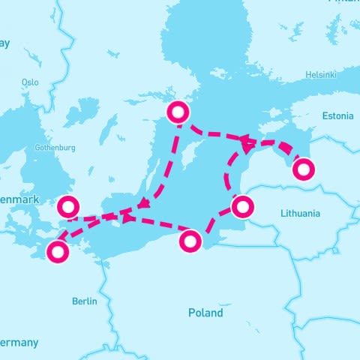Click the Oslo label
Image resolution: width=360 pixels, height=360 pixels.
click(x=30, y=82)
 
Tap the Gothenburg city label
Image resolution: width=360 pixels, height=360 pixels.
click(x=55, y=148)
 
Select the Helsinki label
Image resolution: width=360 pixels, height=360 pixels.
click(x=322, y=74)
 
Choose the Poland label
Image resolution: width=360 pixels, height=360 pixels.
click(x=205, y=313)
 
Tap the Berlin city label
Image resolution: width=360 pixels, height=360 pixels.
click(x=84, y=301)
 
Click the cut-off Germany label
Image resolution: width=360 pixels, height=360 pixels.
click(x=18, y=342)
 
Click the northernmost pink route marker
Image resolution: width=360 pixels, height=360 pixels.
click(x=178, y=113)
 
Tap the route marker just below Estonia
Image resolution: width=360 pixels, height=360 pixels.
click(x=303, y=170)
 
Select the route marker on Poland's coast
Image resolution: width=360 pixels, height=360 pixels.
click(x=190, y=241)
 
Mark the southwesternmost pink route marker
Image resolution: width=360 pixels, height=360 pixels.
click(x=57, y=252)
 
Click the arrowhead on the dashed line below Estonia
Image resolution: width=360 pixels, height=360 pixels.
click(x=246, y=139)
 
